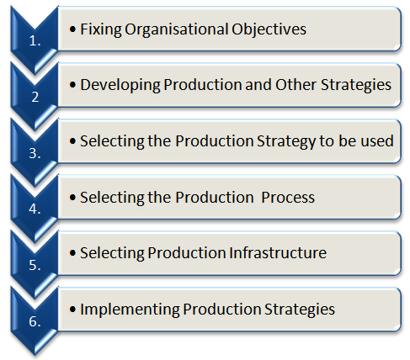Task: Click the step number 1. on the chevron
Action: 35,40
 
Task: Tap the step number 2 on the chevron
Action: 35,96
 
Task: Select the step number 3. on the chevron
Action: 35,153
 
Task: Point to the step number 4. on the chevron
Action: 35,209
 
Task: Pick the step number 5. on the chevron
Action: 35,266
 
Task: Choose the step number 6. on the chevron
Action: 35,321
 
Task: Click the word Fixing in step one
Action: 99,29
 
